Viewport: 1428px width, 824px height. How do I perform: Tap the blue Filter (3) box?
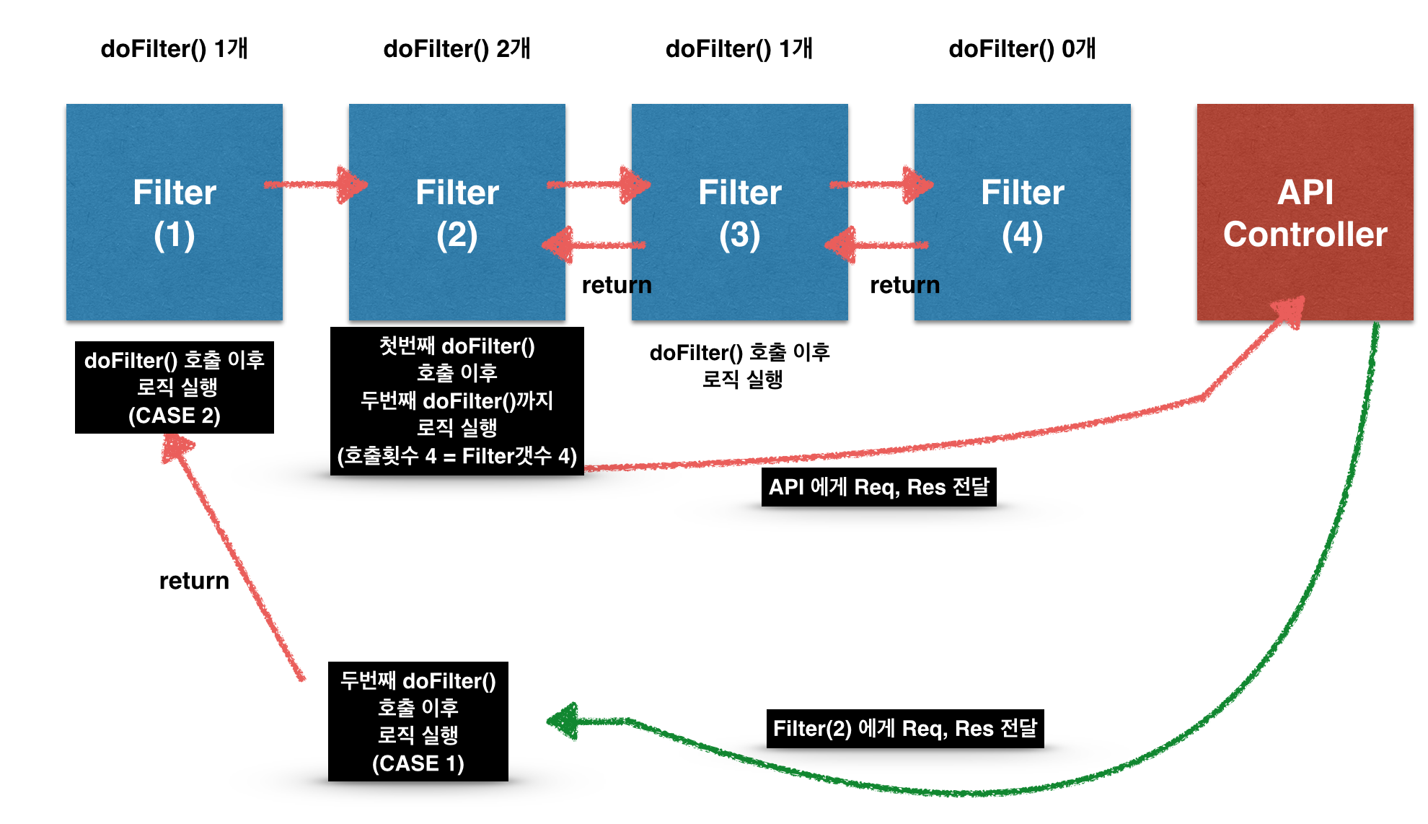tap(739, 144)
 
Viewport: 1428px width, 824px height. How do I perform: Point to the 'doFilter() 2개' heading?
tap(457, 49)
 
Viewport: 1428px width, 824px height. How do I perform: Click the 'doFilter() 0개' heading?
tap(1022, 49)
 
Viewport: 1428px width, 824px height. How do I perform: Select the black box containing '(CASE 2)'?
tap(174, 387)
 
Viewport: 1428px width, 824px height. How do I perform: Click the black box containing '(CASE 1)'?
tap(418, 722)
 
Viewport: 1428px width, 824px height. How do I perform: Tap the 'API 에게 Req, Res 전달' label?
tap(878, 487)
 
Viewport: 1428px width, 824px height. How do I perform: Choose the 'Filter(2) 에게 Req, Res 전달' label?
tap(904, 728)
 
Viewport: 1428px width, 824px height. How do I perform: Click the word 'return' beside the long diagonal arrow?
tap(194, 581)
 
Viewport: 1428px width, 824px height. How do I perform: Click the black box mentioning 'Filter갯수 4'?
tap(457, 401)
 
